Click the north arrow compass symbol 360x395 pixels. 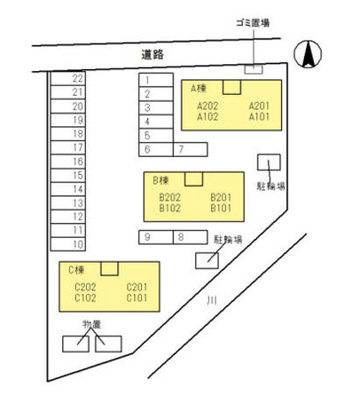click(x=310, y=53)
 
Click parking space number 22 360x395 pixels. click(x=77, y=77)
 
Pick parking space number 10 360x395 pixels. click(x=77, y=243)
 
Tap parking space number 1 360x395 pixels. click(x=146, y=81)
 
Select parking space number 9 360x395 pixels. click(x=146, y=237)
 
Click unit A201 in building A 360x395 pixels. click(x=258, y=106)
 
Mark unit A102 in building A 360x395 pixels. click(x=207, y=117)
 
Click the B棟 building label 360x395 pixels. click(x=162, y=182)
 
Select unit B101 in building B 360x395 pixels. click(x=220, y=208)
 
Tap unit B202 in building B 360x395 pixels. click(x=170, y=197)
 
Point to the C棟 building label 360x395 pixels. click(x=75, y=270)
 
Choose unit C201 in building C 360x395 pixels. click(x=136, y=286)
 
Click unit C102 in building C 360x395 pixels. click(x=85, y=297)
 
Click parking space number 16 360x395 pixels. click(x=77, y=160)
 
